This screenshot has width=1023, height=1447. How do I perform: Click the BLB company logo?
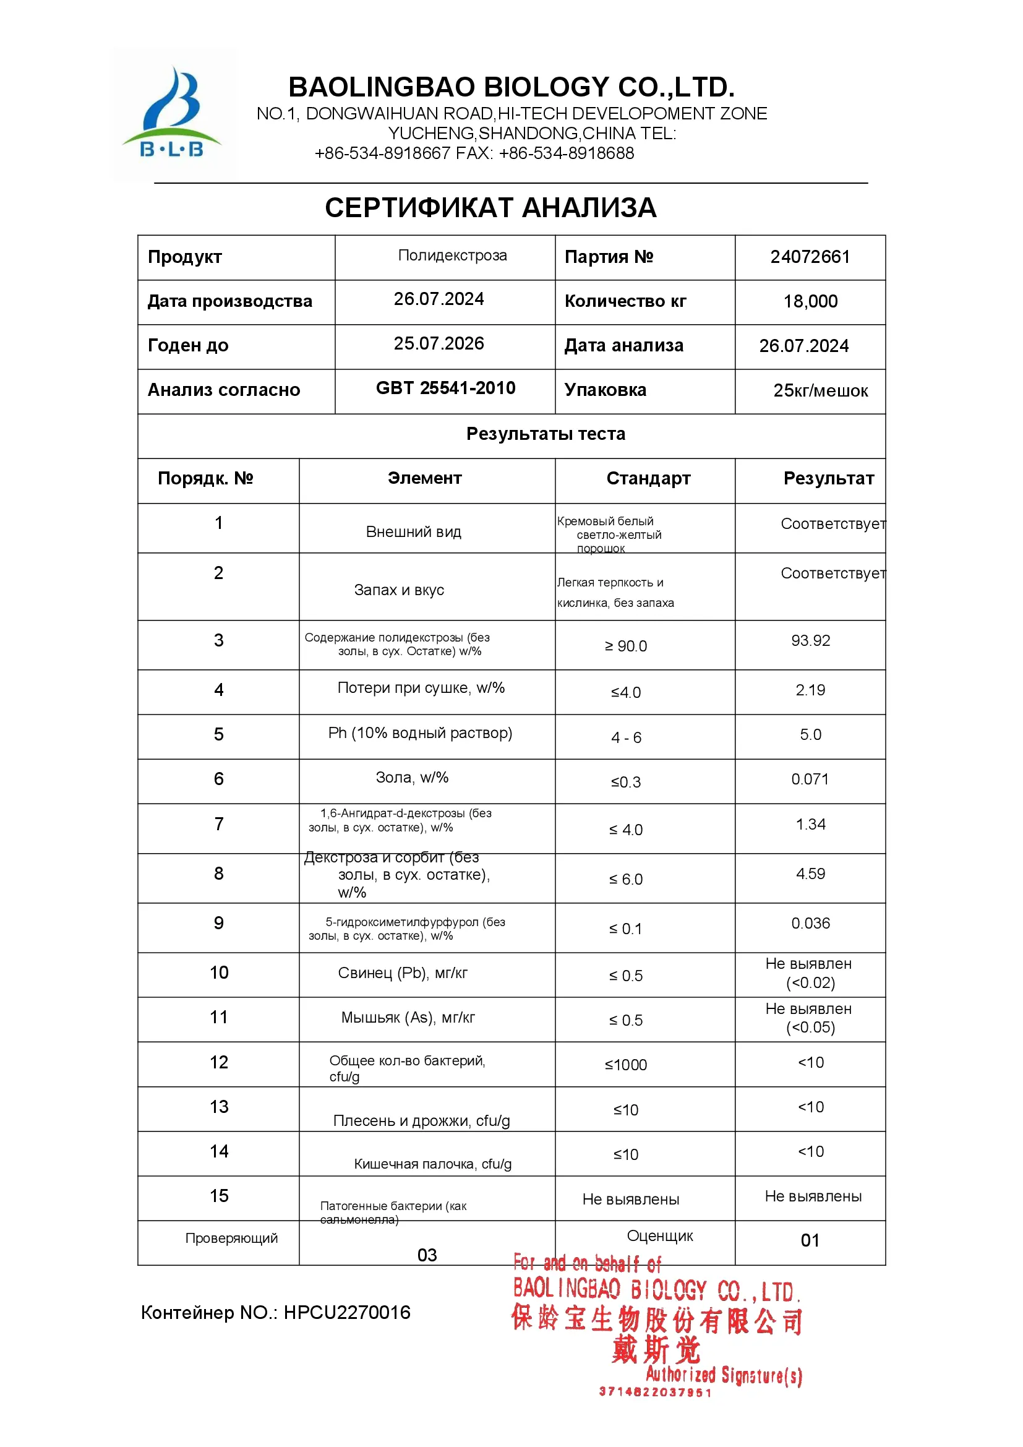(x=172, y=114)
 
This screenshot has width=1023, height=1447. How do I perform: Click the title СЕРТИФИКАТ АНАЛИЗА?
(x=490, y=208)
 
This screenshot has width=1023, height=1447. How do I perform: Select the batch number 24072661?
(x=810, y=257)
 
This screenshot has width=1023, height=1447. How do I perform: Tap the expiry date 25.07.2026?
(x=439, y=343)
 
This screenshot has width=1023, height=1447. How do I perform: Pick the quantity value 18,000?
(x=810, y=301)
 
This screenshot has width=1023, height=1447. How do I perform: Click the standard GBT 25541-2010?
(x=445, y=389)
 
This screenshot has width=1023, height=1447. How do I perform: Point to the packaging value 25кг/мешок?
(x=820, y=391)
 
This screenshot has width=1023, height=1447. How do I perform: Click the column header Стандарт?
(x=648, y=478)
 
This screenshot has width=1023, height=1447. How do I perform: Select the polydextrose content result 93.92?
(x=810, y=641)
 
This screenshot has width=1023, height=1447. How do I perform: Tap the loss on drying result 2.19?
(x=810, y=690)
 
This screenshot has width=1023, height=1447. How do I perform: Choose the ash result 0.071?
(x=810, y=779)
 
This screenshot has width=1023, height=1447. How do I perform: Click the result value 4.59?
(x=810, y=874)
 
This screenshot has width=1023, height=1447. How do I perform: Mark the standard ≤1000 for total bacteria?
(x=625, y=1065)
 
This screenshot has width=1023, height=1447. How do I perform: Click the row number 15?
(x=218, y=1196)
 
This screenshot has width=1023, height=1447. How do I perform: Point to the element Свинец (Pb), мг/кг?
(x=403, y=973)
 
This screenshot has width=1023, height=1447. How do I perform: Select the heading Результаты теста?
(x=546, y=434)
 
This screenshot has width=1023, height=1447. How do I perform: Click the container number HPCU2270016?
(x=346, y=1313)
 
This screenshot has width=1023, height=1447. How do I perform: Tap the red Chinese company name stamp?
(x=656, y=1321)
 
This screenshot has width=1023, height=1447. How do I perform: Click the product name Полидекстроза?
(x=452, y=255)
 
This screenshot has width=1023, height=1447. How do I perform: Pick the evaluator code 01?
(x=810, y=1240)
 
